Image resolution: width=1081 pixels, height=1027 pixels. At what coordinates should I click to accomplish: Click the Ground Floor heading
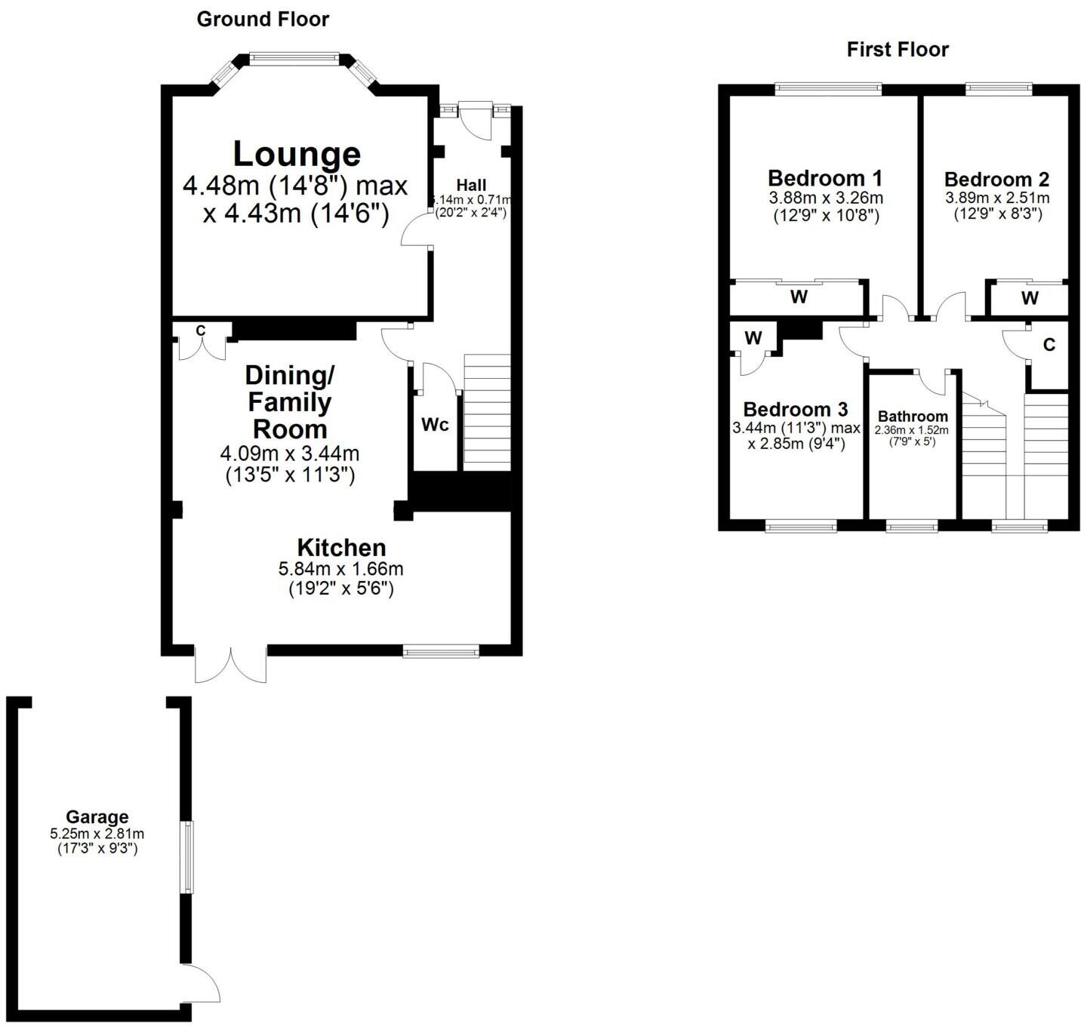263,20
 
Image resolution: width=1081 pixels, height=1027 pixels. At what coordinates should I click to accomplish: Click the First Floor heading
897,50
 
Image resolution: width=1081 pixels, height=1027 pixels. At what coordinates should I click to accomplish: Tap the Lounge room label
296,154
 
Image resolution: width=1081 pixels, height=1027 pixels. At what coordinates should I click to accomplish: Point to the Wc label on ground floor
435,425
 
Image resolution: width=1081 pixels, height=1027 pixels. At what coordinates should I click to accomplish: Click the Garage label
97,816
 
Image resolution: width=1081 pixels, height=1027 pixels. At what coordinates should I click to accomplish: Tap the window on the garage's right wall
185,857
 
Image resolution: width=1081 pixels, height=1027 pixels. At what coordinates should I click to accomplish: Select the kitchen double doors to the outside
230,664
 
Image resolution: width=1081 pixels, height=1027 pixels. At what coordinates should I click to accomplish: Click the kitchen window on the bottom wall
441,650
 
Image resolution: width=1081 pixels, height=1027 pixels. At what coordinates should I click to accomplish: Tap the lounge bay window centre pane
294,57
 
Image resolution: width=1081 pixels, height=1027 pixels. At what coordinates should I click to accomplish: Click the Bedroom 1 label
824,179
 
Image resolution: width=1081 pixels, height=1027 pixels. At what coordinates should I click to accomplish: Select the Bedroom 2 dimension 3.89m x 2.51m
996,198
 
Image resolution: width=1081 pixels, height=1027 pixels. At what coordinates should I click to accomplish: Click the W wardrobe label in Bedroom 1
799,297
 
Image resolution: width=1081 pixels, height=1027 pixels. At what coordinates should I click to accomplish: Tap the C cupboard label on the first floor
1049,346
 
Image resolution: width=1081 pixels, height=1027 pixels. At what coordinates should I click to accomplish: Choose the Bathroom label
913,417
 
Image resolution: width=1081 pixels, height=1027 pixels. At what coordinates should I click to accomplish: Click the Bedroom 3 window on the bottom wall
800,526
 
